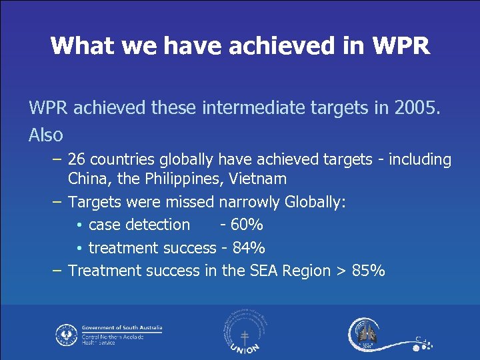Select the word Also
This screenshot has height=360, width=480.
(46, 135)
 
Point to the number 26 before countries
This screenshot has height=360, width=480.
(77, 160)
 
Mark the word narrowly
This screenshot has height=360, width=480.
(249, 202)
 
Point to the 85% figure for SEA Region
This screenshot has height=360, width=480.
(367, 271)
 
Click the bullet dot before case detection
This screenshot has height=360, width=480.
(79, 225)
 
